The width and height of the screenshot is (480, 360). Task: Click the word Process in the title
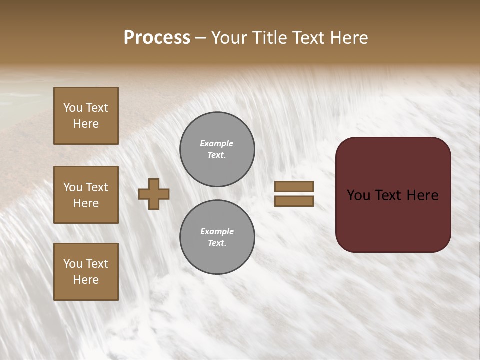tap(157, 38)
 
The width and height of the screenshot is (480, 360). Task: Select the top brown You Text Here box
tap(86, 116)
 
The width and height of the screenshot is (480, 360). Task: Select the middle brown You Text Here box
tap(86, 195)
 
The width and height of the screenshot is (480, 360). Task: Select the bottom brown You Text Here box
tap(86, 272)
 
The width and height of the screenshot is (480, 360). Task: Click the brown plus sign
tap(154, 194)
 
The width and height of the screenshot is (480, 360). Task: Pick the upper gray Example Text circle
tap(217, 149)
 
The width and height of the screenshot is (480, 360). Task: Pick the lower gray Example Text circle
tap(217, 237)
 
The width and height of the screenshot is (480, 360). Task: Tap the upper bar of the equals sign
tap(294, 186)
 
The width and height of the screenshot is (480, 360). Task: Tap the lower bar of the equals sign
tap(294, 201)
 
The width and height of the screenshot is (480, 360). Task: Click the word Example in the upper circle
tap(216, 143)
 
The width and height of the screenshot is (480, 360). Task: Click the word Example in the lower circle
tap(216, 231)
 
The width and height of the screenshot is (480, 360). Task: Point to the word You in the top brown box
tap(72, 108)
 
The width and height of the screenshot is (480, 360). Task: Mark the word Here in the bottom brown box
tap(86, 280)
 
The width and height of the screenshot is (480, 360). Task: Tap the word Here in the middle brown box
tap(86, 203)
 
